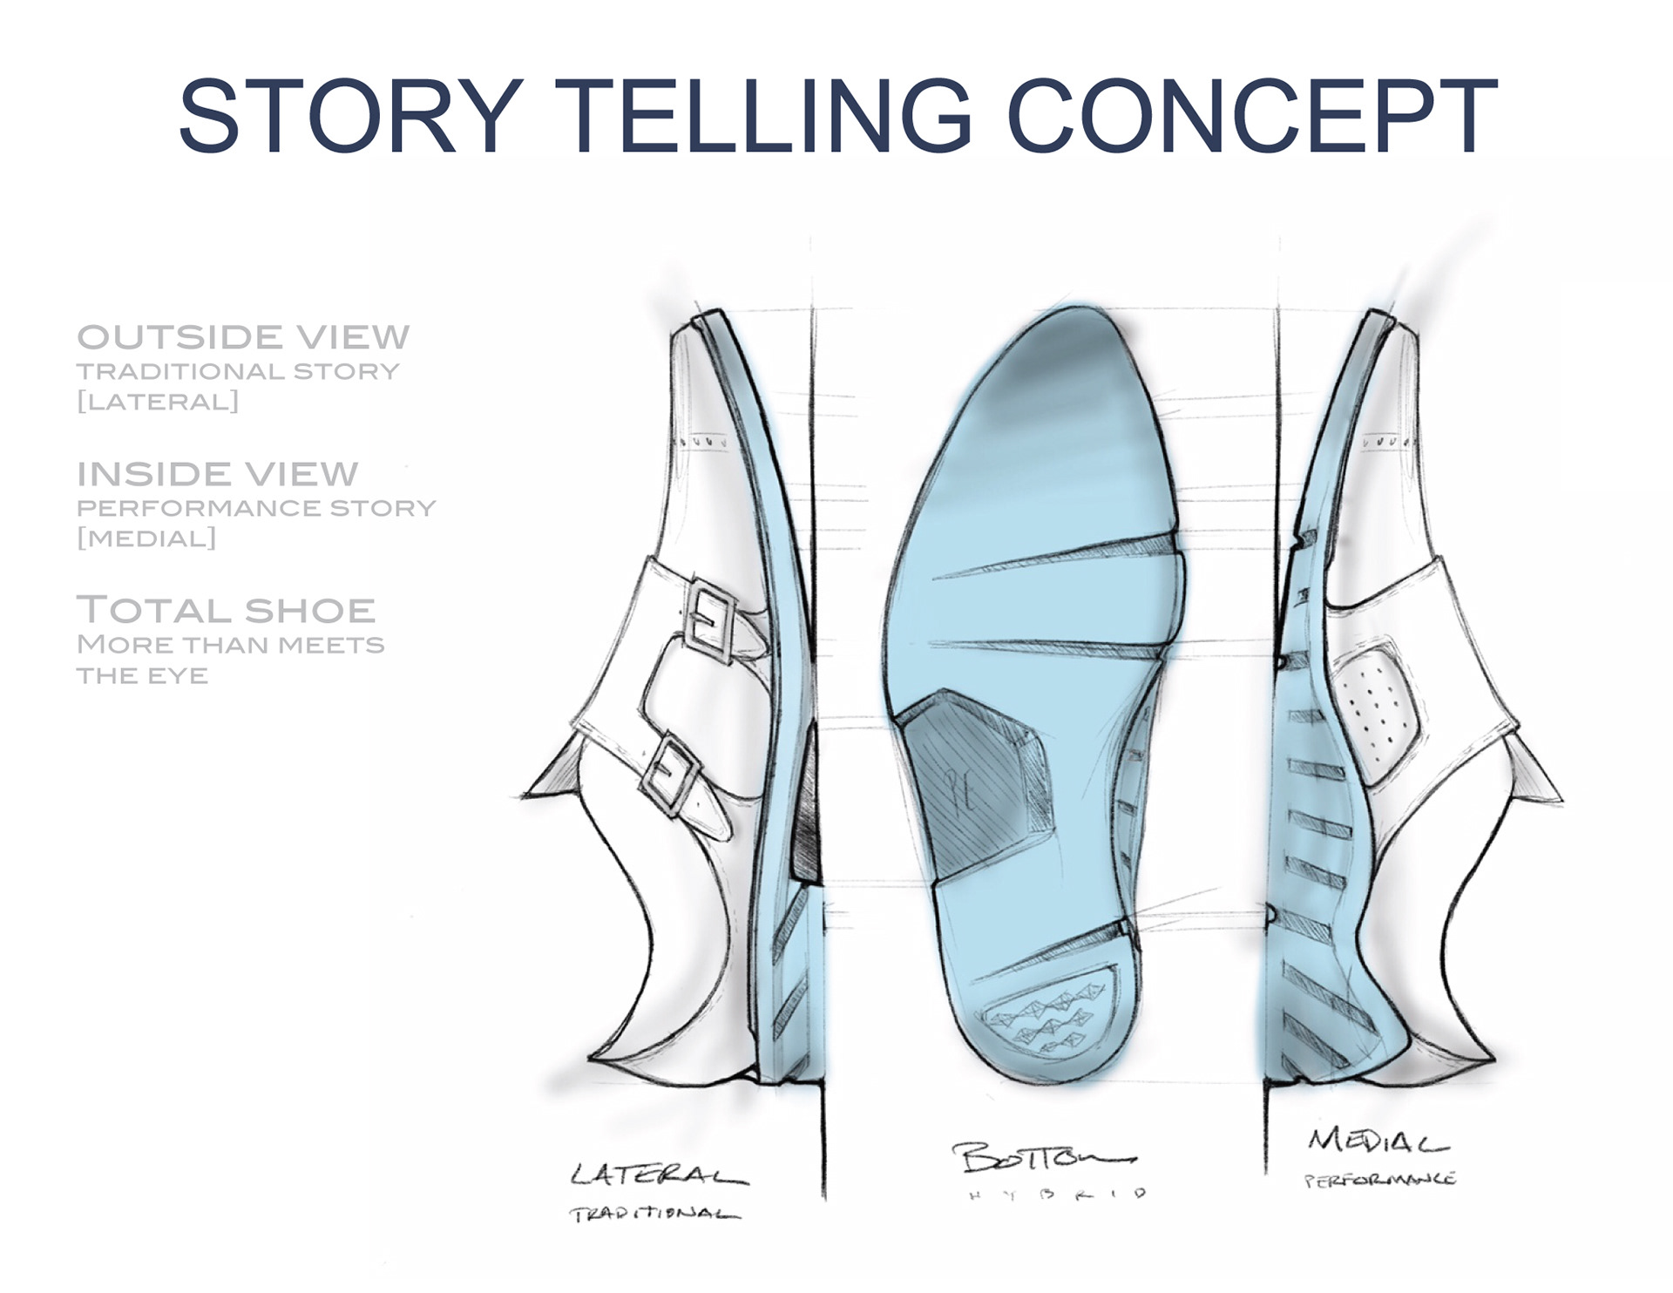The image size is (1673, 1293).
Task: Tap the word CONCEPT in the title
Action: coord(1251,116)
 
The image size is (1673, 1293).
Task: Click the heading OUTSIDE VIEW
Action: coord(243,337)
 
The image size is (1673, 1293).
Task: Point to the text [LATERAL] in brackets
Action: coord(158,402)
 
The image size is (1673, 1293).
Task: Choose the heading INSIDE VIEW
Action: coord(218,474)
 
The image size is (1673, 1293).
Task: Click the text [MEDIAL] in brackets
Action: coord(146,538)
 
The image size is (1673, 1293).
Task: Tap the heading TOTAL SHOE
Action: coord(227,610)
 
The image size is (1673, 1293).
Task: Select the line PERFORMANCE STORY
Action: coord(256,508)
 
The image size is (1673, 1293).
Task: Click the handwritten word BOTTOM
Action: coord(1042,1159)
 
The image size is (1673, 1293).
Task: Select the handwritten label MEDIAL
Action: coord(1376,1141)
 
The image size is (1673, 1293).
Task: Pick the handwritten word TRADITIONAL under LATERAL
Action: coord(654,1214)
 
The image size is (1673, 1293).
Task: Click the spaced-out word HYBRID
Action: coord(1055,1195)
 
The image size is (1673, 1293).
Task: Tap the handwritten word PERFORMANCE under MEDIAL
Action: coord(1378,1180)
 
